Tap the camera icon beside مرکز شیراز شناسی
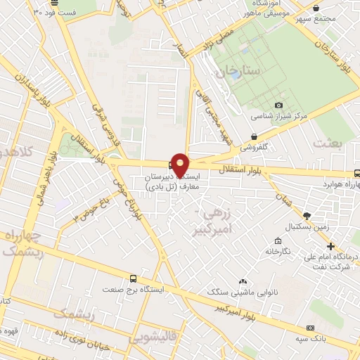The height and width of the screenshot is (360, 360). click(278, 105)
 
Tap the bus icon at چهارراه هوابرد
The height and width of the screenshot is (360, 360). click(357, 173)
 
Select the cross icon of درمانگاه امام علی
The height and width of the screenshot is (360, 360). click(331, 246)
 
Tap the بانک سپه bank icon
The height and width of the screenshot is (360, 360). click(310, 328)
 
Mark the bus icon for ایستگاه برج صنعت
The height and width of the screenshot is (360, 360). click(133, 278)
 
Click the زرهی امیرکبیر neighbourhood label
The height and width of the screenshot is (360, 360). click(219, 219)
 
